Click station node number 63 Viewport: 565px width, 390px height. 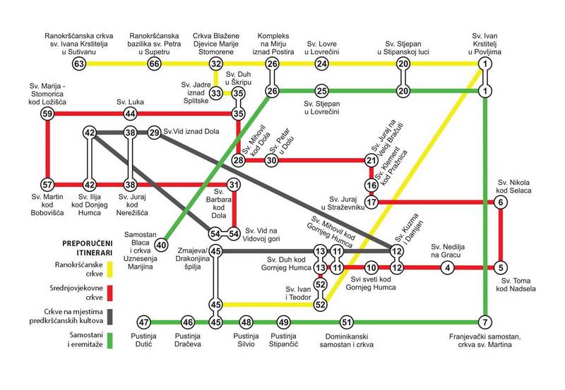coord(79,64)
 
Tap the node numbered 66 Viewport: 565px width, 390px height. coord(155,64)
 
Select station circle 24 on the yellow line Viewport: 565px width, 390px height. coord(322,64)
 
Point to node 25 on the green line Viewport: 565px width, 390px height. coord(322,92)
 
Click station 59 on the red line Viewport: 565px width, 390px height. coord(47,114)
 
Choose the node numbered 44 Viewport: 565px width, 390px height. coord(130,114)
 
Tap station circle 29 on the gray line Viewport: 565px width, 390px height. coord(155,133)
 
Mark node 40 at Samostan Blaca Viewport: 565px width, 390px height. coord(161,245)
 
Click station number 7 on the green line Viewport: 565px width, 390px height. coord(485,322)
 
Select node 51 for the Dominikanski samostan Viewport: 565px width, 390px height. coord(346,322)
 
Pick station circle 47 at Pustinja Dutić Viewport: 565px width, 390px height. coord(145,322)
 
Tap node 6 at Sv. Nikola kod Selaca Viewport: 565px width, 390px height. coord(501,202)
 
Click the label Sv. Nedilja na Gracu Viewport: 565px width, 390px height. coord(448,250)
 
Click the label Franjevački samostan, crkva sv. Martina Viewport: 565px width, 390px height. coord(484,342)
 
